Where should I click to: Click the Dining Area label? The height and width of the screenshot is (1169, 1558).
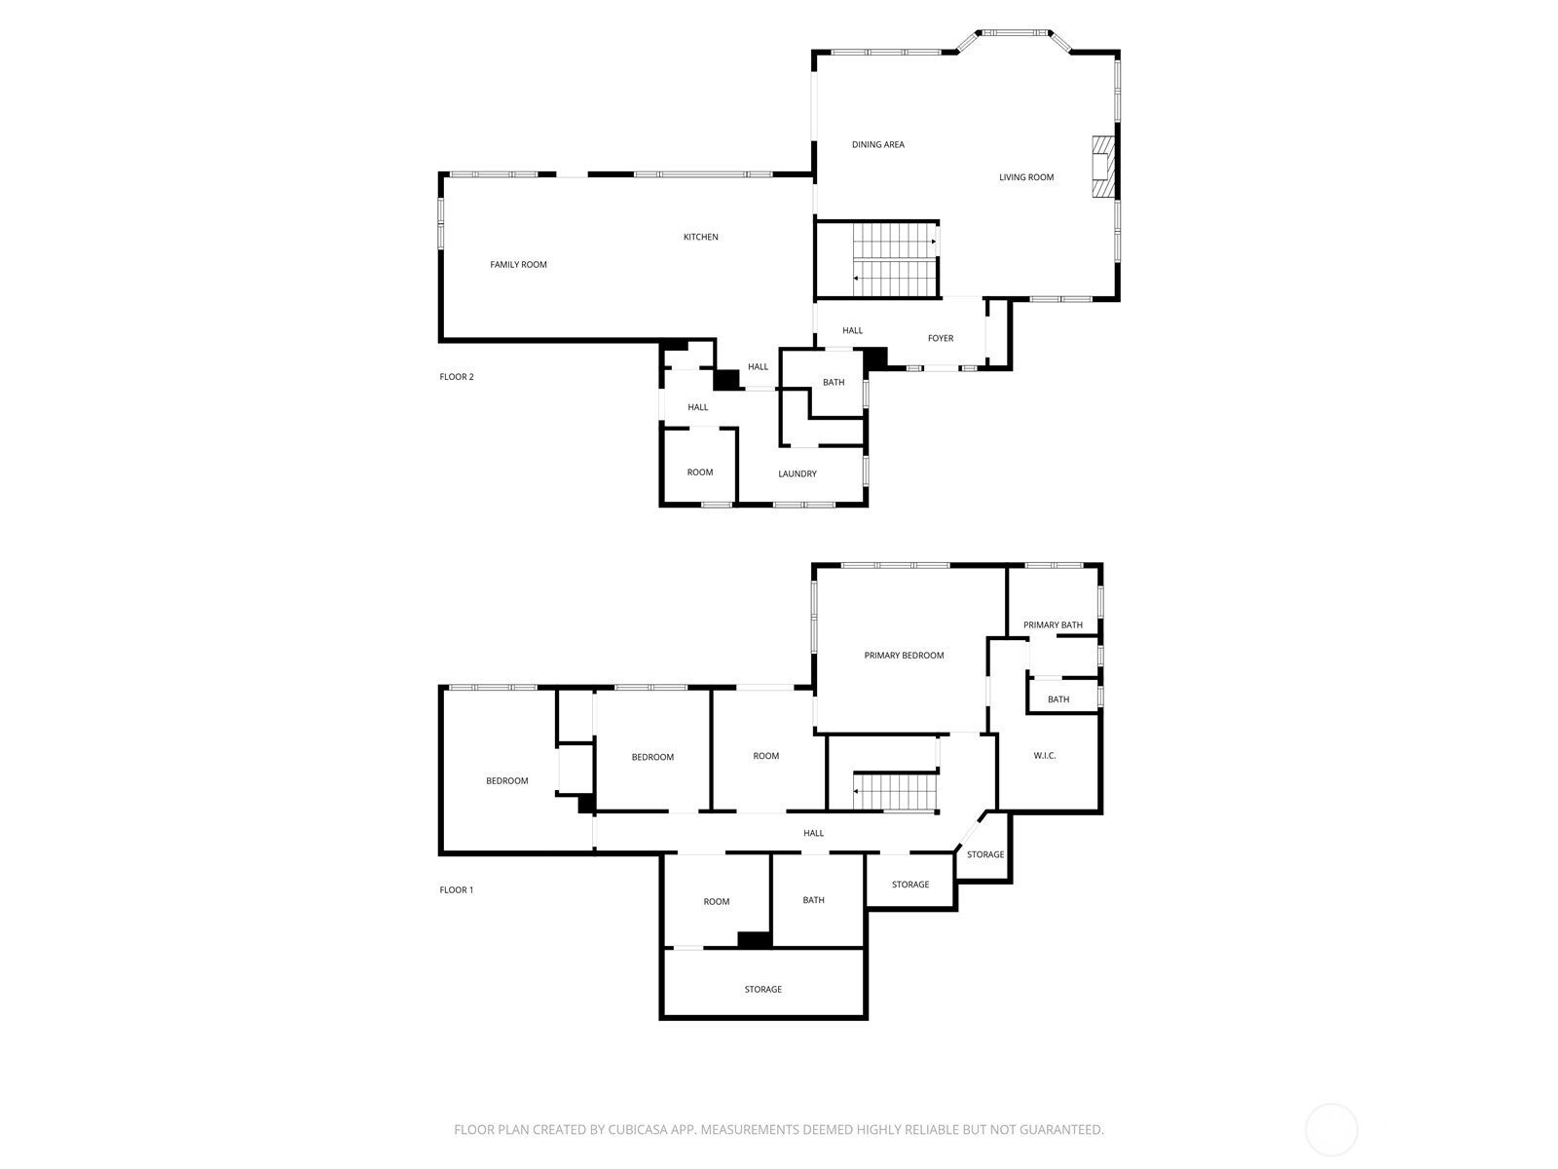coord(877,145)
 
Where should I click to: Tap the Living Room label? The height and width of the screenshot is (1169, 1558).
coord(1026,177)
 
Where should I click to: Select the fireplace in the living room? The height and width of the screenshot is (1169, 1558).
coord(1101,166)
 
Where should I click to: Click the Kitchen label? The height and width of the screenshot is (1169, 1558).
coord(700,238)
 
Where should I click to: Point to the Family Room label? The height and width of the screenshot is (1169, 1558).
coord(518,265)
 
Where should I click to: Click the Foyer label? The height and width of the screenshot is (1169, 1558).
coord(940,339)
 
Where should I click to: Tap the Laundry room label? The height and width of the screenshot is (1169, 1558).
coord(797,474)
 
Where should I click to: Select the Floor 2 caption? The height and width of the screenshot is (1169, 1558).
coord(456,377)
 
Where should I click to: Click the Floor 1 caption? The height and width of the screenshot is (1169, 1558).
coord(456,890)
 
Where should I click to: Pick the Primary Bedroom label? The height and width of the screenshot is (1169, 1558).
coord(904,656)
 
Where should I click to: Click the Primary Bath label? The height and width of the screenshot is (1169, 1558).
coord(1053,625)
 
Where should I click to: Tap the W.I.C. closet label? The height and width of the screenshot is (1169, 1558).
coord(1044,756)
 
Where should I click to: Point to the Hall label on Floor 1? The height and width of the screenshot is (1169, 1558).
coord(813,834)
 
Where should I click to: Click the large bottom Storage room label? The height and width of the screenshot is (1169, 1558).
coord(762,990)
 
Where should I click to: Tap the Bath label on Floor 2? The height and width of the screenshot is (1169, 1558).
coord(834,383)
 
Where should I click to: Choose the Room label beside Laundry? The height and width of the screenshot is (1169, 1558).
coord(699,472)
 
